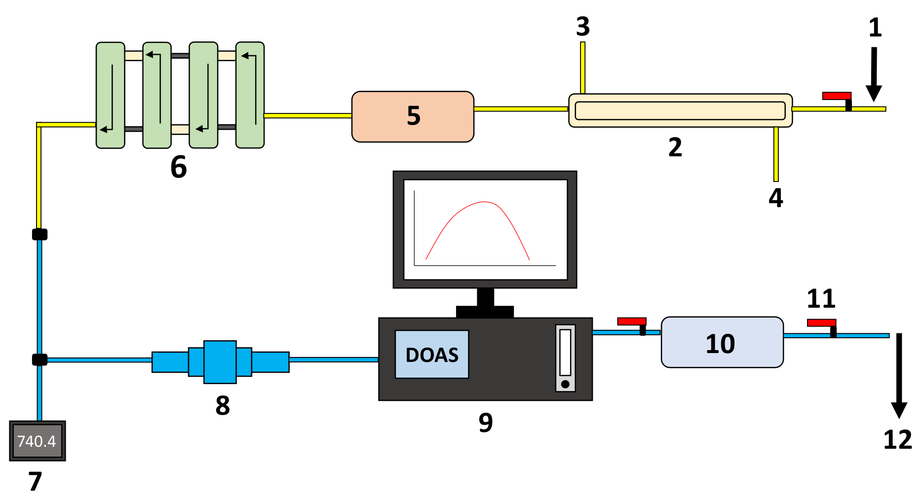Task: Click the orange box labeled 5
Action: pyautogui.click(x=413, y=116)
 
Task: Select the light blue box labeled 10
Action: pyautogui.click(x=722, y=342)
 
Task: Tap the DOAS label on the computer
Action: pyautogui.click(x=432, y=355)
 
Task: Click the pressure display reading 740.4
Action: pyautogui.click(x=37, y=441)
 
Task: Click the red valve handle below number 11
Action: pyautogui.click(x=821, y=323)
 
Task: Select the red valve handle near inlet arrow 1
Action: pyautogui.click(x=837, y=96)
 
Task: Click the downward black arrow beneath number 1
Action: pyautogui.click(x=874, y=74)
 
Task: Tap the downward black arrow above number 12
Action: pyautogui.click(x=899, y=375)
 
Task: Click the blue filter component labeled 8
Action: pyautogui.click(x=220, y=362)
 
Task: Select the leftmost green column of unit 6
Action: pyautogui.click(x=110, y=95)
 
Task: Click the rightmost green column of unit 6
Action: pyautogui.click(x=250, y=95)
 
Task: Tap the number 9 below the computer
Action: pyautogui.click(x=486, y=423)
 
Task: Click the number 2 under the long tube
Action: pyautogui.click(x=675, y=147)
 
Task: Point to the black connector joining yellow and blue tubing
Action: pyautogui.click(x=39, y=234)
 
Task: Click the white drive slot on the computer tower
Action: pyautogui.click(x=565, y=353)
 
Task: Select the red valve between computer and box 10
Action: pyautogui.click(x=632, y=322)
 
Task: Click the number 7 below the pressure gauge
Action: pyautogui.click(x=35, y=481)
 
